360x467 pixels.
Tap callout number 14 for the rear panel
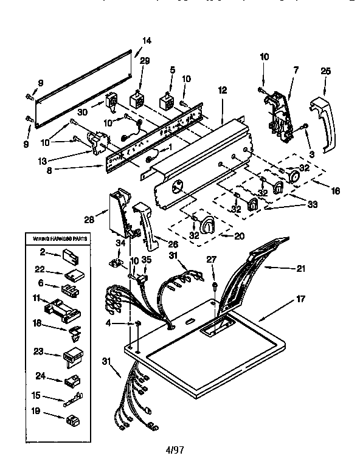pos(147,41)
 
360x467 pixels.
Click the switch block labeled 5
pos(167,101)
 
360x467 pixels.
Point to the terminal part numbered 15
pos(72,400)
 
